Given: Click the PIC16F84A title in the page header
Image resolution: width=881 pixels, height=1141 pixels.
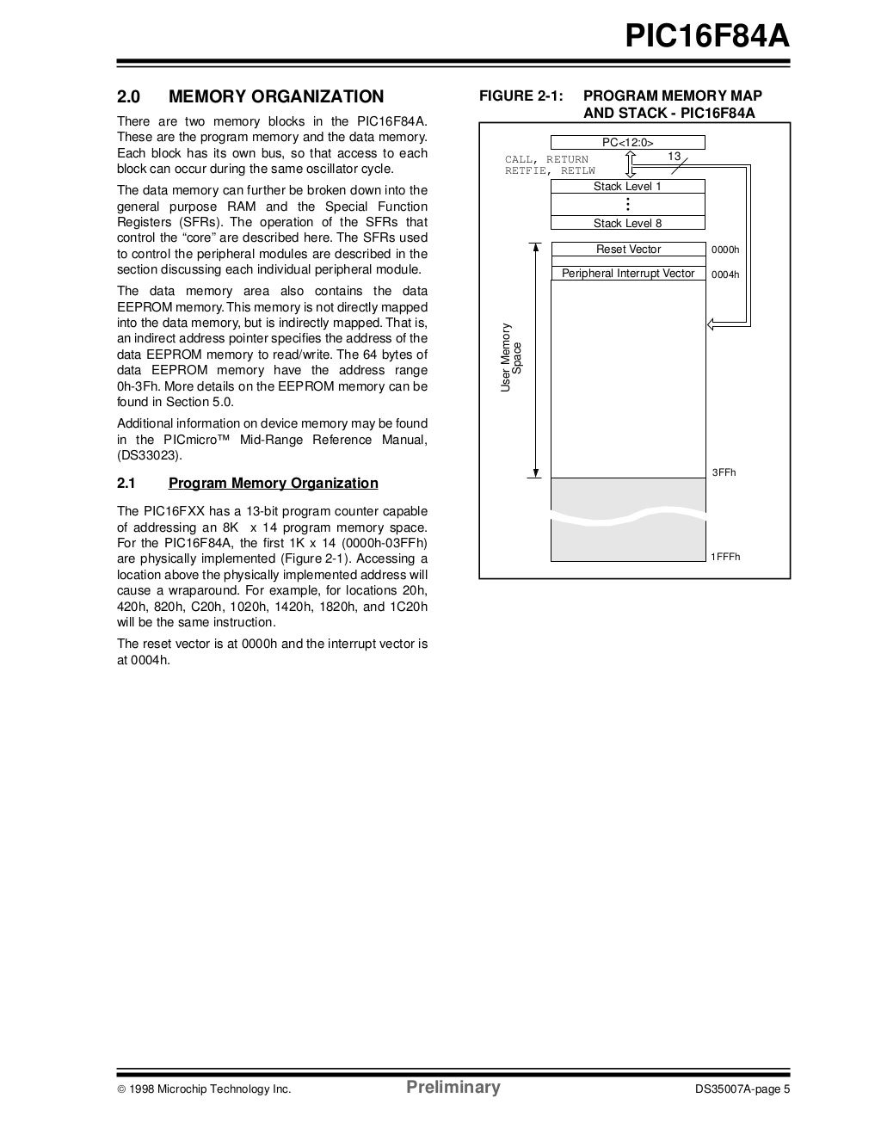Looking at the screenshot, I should coord(707,38).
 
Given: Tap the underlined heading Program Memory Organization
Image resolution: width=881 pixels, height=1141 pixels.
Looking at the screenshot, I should coord(273,484).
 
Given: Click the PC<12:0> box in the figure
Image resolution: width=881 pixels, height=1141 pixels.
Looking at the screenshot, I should coord(627,143).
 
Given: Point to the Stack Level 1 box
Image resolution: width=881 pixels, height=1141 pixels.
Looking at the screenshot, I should coord(627,187).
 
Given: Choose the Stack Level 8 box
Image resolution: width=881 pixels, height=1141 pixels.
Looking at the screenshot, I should coord(627,224).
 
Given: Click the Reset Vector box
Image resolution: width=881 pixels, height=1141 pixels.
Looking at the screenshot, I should coord(628,250).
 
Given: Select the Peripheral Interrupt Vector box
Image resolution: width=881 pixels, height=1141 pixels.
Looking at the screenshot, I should coord(628,274).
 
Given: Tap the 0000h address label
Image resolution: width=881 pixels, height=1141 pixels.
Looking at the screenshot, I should coord(725,250).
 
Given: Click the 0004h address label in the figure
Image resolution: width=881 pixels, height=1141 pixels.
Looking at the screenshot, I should coord(725,275).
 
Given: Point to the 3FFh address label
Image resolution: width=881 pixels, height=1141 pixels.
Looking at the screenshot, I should coord(724,473).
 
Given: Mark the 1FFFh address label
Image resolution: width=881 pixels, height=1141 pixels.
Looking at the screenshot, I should coord(725,557).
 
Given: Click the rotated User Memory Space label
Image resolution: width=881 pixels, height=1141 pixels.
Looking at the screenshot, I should coord(512,358).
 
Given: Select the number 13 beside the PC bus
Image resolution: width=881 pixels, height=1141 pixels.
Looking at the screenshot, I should coord(675,156).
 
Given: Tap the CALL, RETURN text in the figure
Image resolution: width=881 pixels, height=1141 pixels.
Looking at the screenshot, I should coord(546,159).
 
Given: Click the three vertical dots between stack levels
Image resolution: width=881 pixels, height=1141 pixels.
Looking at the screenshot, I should coord(628,205).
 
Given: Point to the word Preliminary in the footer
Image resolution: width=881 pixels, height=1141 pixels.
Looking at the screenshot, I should coord(453,1088).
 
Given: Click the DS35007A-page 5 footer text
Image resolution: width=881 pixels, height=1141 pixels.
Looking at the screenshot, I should coord(742,1090).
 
